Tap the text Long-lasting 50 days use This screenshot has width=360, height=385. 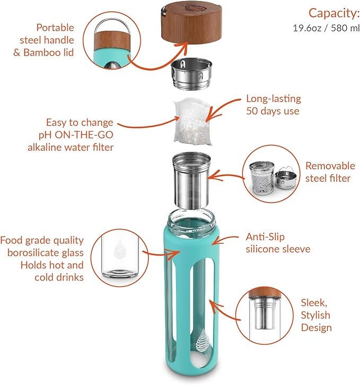[x=273, y=105]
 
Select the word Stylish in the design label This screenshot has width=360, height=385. [x=315, y=316]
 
